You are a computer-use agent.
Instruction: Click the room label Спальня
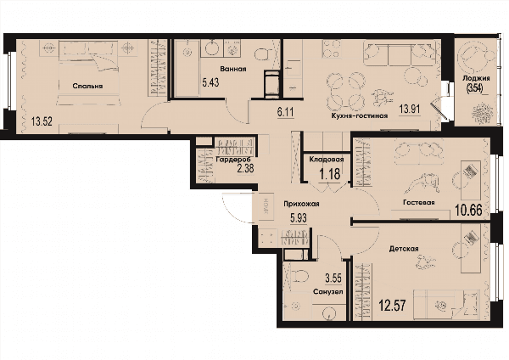pyautogui.click(x=87, y=86)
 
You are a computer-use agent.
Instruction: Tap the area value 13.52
pyautogui.click(x=42, y=122)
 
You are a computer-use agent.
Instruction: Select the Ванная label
pyautogui.click(x=233, y=69)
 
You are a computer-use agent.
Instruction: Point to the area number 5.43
pyautogui.click(x=210, y=82)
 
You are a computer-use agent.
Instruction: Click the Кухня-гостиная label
pyautogui.click(x=360, y=115)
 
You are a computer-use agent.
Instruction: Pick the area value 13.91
pyautogui.click(x=410, y=109)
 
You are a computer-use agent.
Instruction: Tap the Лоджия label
pyautogui.click(x=476, y=78)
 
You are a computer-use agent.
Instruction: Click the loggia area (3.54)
pyautogui.click(x=474, y=87)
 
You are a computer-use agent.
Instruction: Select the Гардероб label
pyautogui.click(x=232, y=160)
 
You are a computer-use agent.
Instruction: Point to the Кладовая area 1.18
pyautogui.click(x=330, y=174)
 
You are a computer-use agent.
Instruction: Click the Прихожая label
pyautogui.click(x=301, y=204)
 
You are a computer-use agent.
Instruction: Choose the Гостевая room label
pyautogui.click(x=419, y=202)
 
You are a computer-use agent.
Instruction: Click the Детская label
pyautogui.click(x=404, y=249)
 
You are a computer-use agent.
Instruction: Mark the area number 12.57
pyautogui.click(x=393, y=306)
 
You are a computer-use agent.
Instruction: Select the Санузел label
pyautogui.click(x=328, y=291)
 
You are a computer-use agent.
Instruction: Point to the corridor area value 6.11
pyautogui.click(x=285, y=112)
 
